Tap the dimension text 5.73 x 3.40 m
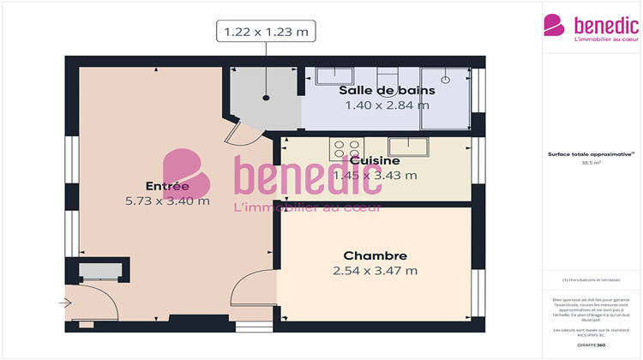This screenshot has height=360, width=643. pyautogui.click(x=166, y=201)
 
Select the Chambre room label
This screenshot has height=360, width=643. pyautogui.click(x=375, y=255)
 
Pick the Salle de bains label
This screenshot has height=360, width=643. pyautogui.click(x=387, y=90)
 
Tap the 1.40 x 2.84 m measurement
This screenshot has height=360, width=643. pyautogui.click(x=387, y=105)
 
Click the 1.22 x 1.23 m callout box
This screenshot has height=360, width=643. pyautogui.click(x=266, y=33)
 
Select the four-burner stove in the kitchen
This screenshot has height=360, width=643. pyautogui.click(x=346, y=147)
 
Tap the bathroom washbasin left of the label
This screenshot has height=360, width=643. pyautogui.click(x=327, y=75)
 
